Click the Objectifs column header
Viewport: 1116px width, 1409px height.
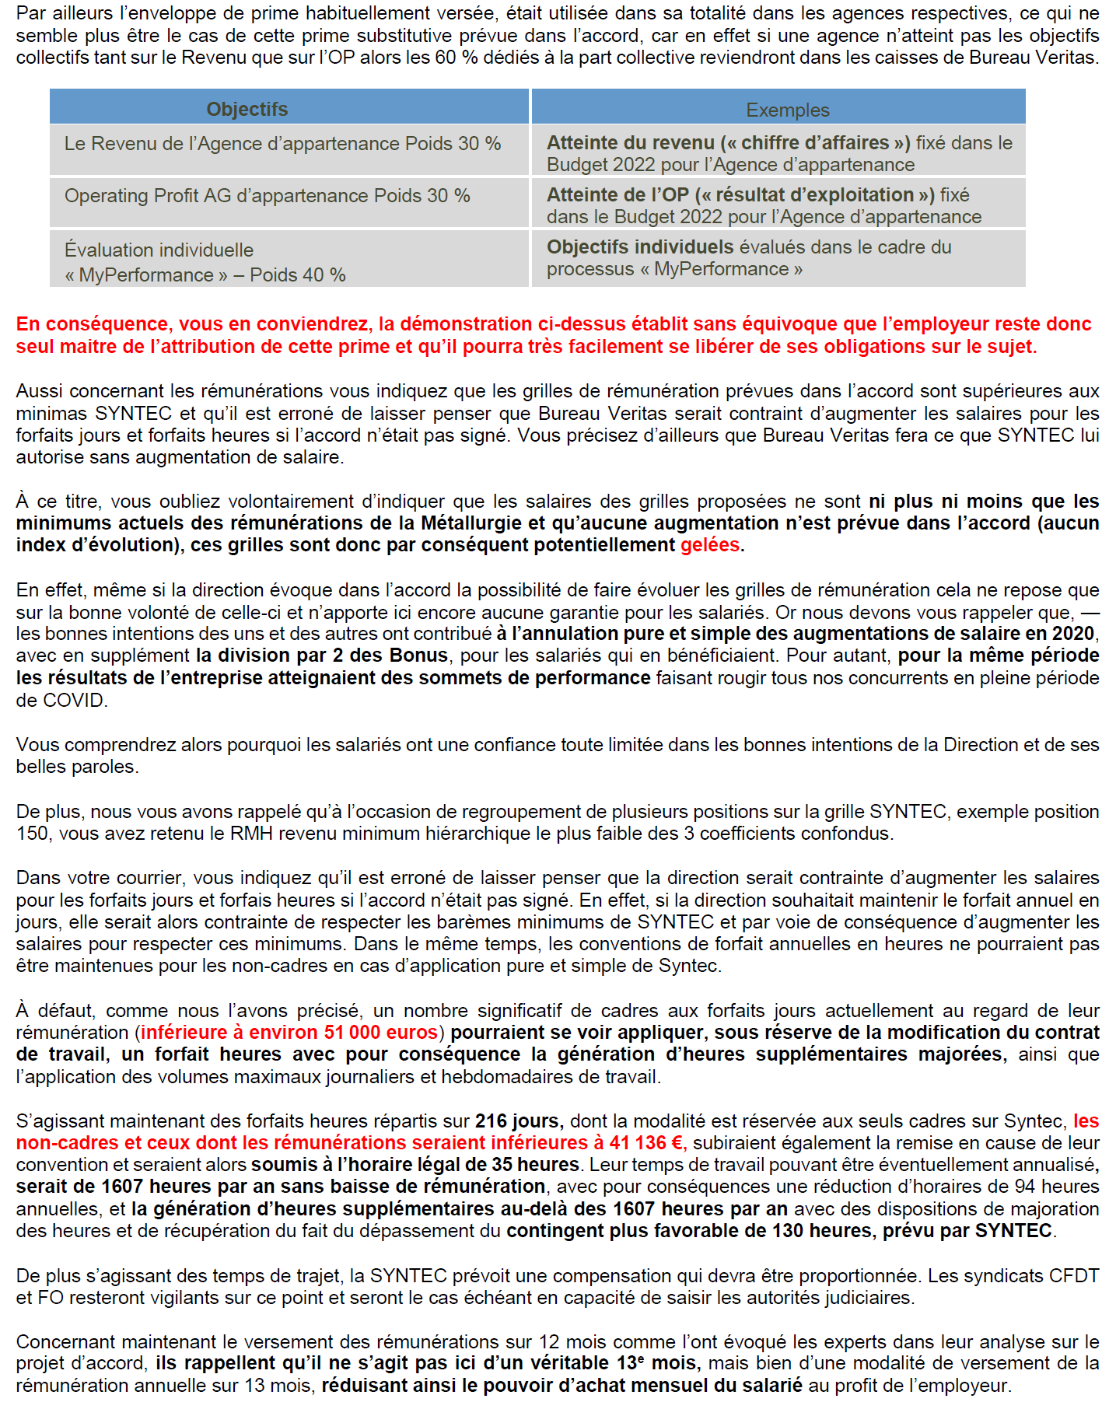(247, 110)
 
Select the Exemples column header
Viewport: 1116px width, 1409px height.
(787, 110)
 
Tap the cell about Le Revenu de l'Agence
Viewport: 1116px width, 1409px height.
(282, 144)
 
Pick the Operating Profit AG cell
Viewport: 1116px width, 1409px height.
(267, 196)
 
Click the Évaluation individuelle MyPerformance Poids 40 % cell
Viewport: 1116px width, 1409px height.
(205, 262)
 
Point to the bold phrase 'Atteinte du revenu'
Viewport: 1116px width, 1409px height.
(630, 143)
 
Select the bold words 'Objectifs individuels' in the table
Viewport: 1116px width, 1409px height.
(639, 247)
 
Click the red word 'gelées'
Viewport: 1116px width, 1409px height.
(709, 545)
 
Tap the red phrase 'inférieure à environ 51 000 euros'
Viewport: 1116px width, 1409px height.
(289, 1033)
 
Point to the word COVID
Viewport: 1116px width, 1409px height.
(73, 701)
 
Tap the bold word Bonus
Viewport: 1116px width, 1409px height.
(422, 656)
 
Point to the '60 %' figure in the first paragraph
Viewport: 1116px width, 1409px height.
(457, 58)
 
